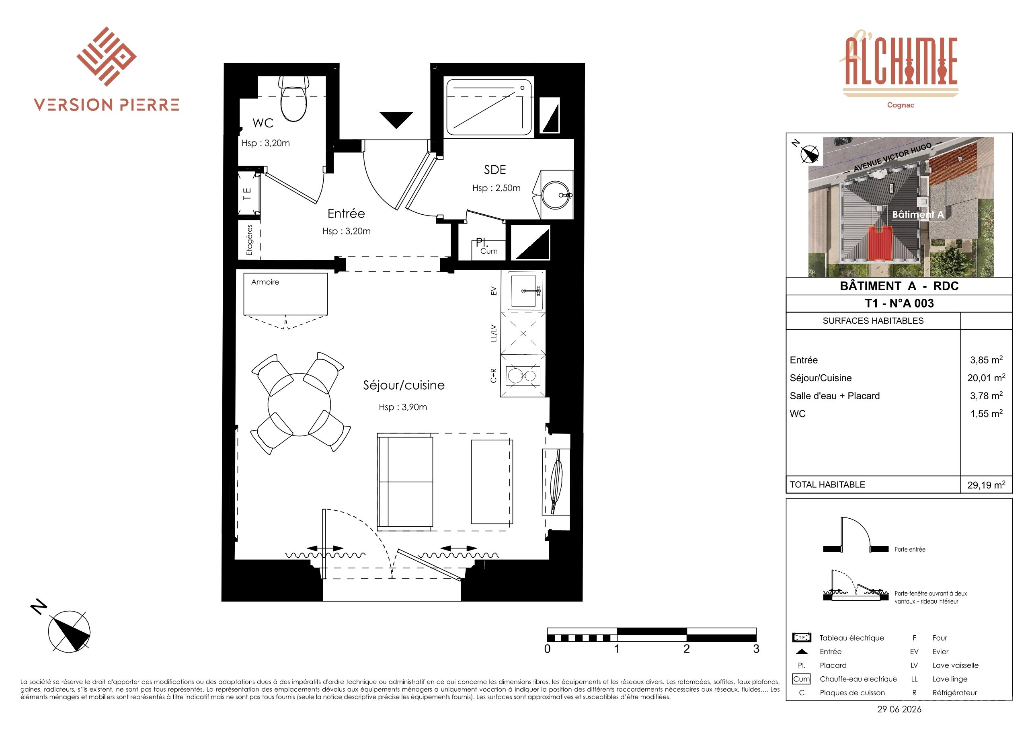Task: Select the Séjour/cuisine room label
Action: (x=404, y=385)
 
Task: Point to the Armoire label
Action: (x=265, y=282)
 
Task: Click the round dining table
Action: (x=300, y=405)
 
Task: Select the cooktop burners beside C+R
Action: (x=522, y=375)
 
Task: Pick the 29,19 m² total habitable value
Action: (x=986, y=485)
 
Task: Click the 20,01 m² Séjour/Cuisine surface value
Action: (x=986, y=378)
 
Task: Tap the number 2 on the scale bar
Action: (x=686, y=649)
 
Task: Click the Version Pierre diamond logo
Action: (x=106, y=56)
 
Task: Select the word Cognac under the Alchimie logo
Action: (x=900, y=105)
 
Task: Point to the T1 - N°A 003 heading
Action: (x=899, y=304)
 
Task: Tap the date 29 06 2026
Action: (x=899, y=709)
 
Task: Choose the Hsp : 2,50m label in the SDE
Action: (x=496, y=188)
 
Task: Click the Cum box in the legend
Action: (x=801, y=679)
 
